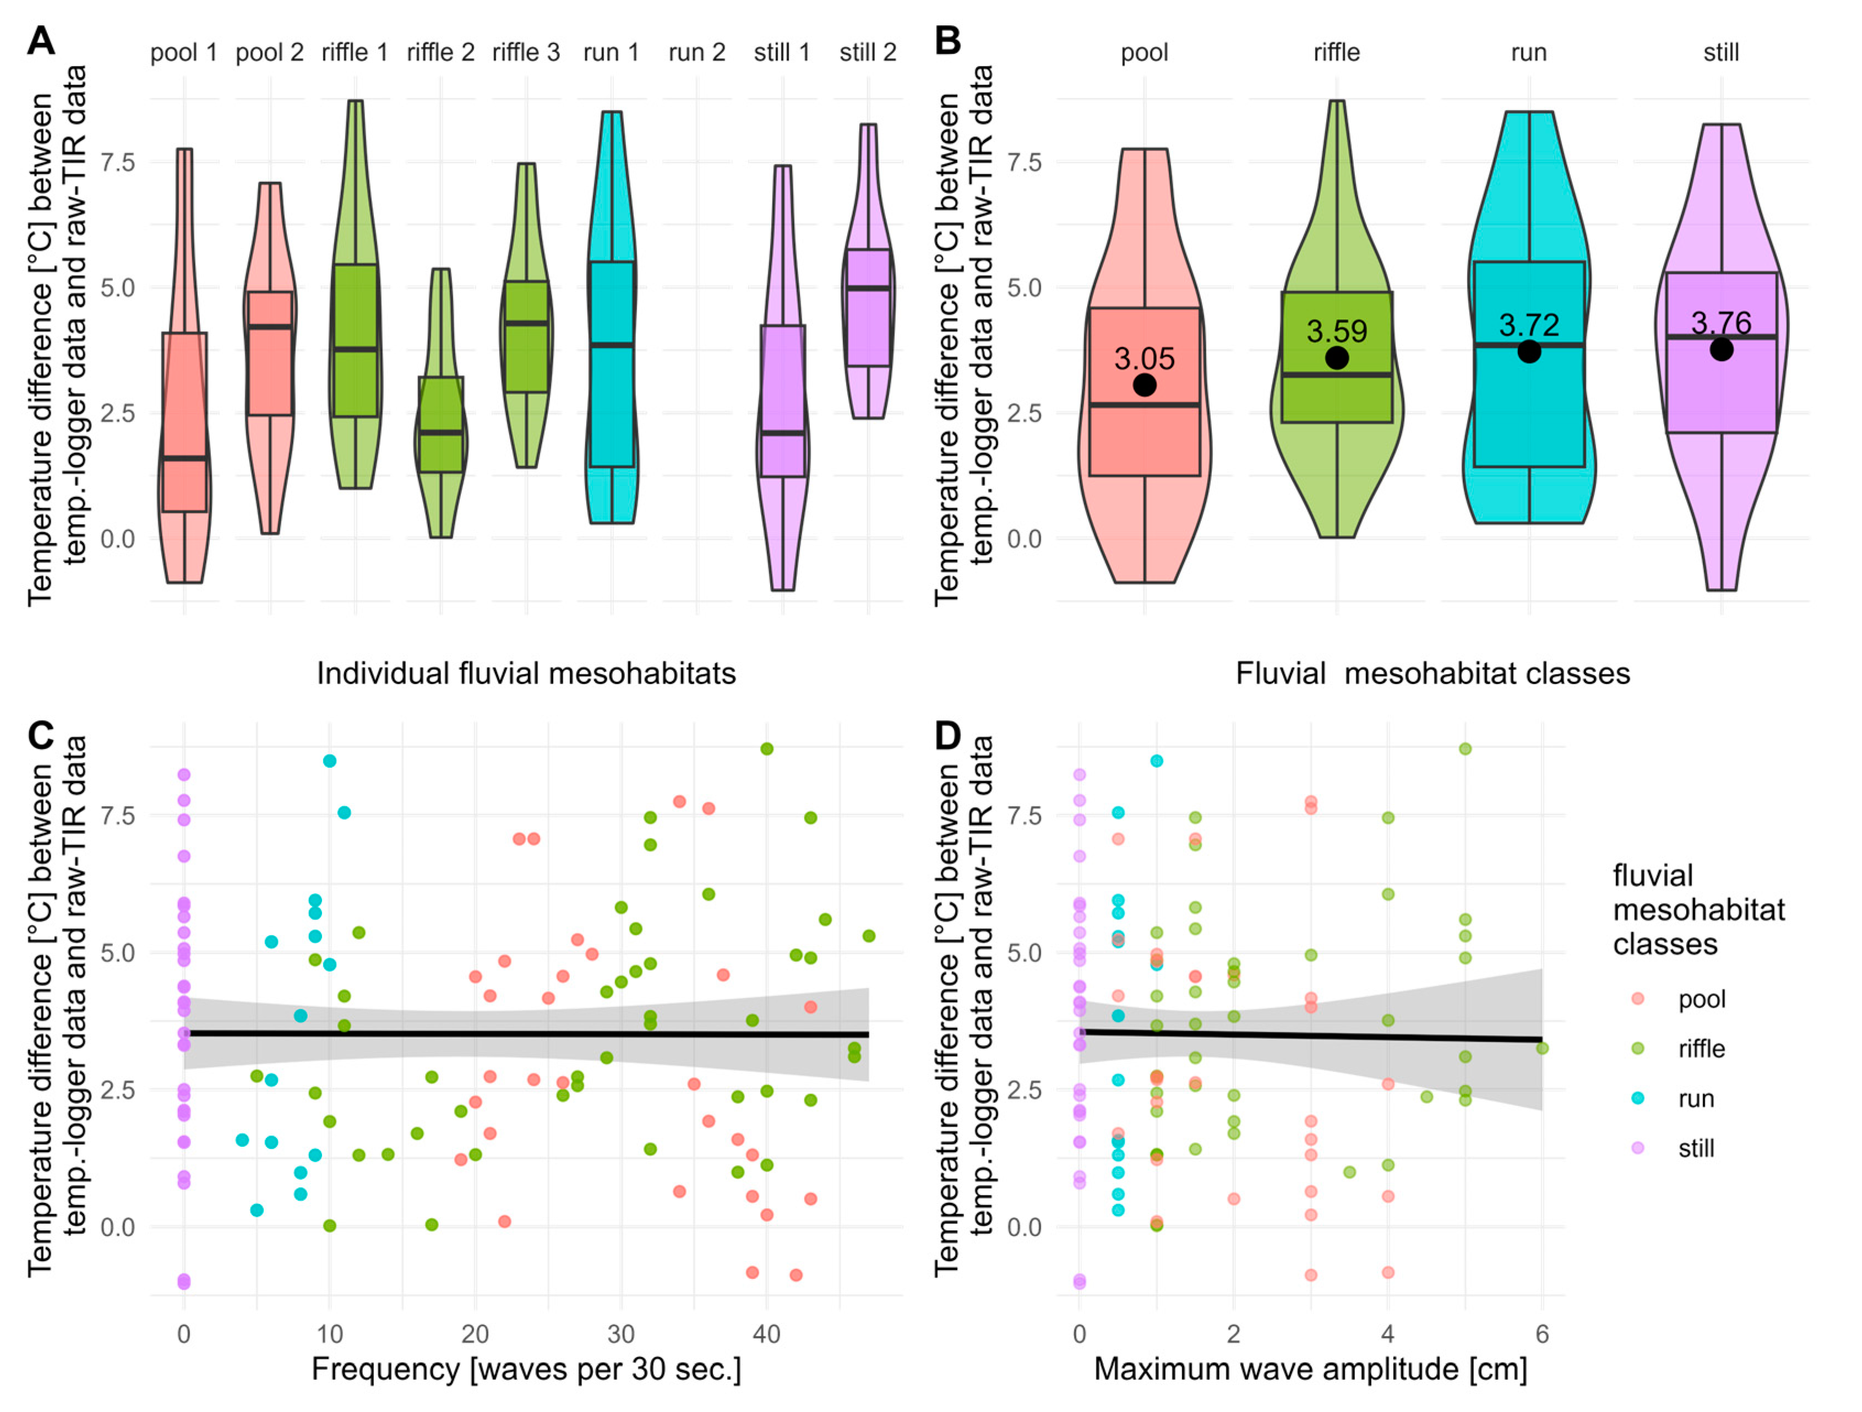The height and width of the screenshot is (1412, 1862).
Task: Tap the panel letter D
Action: tap(948, 736)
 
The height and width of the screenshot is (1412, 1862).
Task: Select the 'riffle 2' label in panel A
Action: tap(440, 53)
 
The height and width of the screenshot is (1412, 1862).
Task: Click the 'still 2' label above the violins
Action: tap(867, 53)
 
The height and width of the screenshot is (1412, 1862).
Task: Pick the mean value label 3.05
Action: tap(1144, 359)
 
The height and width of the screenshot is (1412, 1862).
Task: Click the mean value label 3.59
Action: tap(1337, 332)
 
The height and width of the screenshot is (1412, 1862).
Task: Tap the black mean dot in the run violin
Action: tap(1529, 352)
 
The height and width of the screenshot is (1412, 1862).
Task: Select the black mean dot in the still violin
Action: tap(1722, 349)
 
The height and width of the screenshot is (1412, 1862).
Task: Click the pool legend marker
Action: tap(1637, 999)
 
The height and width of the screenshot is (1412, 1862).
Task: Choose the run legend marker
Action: tap(1637, 1098)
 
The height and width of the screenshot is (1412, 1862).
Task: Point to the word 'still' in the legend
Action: tap(1696, 1148)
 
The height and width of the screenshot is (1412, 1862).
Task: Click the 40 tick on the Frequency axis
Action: tap(766, 1334)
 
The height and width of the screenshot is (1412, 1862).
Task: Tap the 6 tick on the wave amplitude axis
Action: tap(1542, 1334)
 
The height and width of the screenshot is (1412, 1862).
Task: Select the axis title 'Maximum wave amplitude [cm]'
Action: tap(1310, 1369)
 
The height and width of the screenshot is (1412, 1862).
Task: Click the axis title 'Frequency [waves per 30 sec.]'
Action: tap(526, 1369)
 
